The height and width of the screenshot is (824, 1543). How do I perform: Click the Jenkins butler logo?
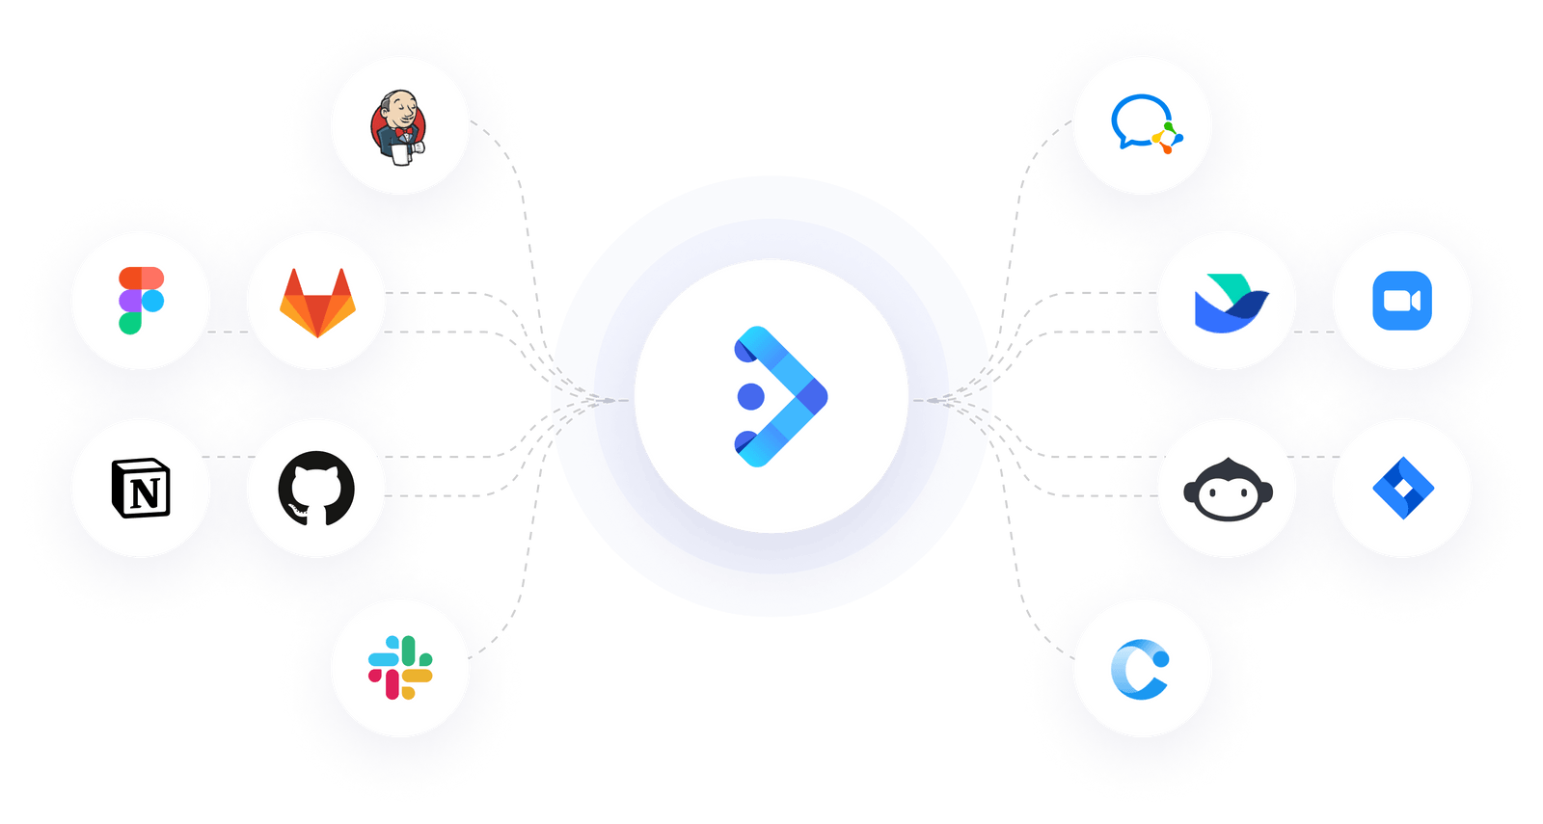click(x=399, y=126)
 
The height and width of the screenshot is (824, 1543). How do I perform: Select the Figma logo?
click(x=141, y=301)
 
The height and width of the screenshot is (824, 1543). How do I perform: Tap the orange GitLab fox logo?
click(x=317, y=302)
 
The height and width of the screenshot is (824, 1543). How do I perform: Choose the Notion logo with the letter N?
click(x=141, y=488)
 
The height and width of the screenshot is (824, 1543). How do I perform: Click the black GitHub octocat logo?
click(x=316, y=488)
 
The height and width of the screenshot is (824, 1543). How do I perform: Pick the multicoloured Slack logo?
click(x=400, y=668)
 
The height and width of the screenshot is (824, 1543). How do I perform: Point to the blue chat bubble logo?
click(x=1145, y=124)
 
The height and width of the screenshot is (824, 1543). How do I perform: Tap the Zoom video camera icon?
click(x=1402, y=301)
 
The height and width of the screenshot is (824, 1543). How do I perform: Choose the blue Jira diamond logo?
click(x=1402, y=488)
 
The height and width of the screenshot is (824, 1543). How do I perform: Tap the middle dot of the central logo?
click(x=750, y=396)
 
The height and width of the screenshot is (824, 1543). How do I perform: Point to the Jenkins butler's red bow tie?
click(x=403, y=131)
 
